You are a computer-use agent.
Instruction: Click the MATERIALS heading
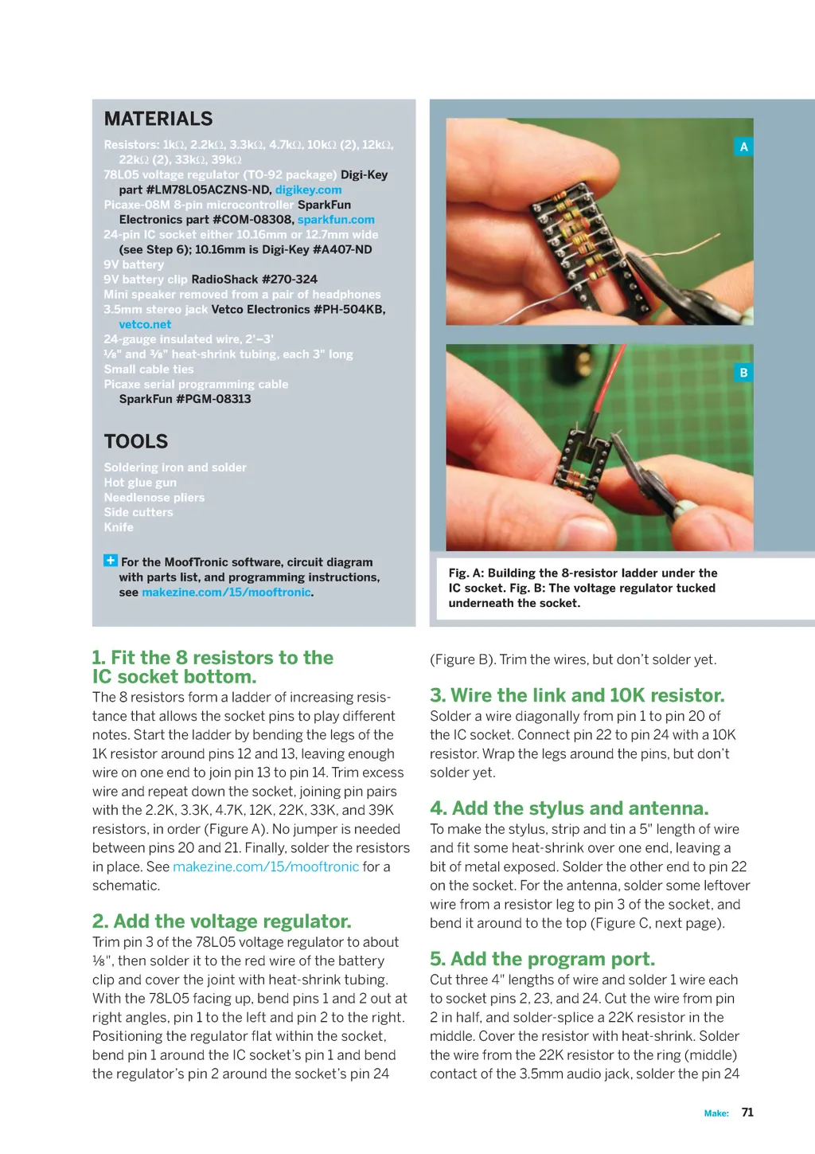tap(158, 119)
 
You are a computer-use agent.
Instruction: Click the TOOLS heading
tap(136, 441)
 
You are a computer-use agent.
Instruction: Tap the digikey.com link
tap(308, 190)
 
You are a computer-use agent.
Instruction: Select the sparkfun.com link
tap(336, 220)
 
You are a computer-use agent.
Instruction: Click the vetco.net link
tap(145, 325)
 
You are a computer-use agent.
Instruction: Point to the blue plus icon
tap(110, 560)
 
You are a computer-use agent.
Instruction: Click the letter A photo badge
tap(743, 147)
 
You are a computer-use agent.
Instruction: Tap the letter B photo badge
tap(743, 373)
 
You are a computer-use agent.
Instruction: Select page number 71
tap(747, 1113)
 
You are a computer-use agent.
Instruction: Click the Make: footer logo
tap(716, 1113)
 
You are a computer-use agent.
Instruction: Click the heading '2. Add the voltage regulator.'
tap(222, 921)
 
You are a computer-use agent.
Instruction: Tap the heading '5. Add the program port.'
tap(543, 959)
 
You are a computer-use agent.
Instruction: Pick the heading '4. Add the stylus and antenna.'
tap(569, 808)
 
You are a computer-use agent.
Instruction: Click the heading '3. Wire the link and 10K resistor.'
tap(578, 695)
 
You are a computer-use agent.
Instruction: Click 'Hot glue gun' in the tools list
tap(140, 483)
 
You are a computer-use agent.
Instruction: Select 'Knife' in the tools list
tap(119, 527)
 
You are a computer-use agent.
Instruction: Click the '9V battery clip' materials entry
tap(146, 280)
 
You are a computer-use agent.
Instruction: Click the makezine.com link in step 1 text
tap(266, 867)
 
